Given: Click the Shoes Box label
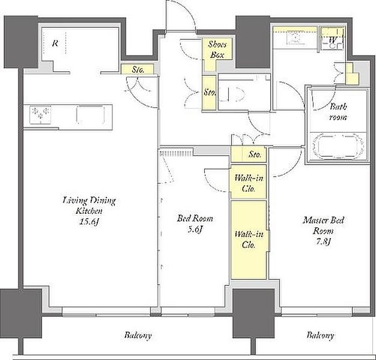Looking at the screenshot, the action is pos(217,49).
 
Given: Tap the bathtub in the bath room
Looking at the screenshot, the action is pos(338,146).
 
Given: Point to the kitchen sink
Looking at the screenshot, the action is pos(91,115).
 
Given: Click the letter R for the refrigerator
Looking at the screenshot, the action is pos(55,44).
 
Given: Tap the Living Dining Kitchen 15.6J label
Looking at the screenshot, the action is pos(89,211).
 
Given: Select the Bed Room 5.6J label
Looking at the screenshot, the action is pos(194,224).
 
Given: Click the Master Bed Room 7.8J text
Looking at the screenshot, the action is pos(323,231).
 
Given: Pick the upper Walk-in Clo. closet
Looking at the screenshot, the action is pos(249,182).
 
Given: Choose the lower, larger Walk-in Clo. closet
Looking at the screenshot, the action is pos(249,240).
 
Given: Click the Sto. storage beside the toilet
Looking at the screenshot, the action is pos(209,92).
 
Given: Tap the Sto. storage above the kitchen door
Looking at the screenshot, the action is pos(137,69).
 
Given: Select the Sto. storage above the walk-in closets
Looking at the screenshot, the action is pos(249,154).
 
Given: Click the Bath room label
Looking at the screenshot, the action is pos(338,112).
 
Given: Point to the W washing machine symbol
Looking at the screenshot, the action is pos(333,39).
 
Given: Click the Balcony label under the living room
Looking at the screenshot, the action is pos(138,335).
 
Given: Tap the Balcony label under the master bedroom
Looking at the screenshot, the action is pos(320,335).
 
